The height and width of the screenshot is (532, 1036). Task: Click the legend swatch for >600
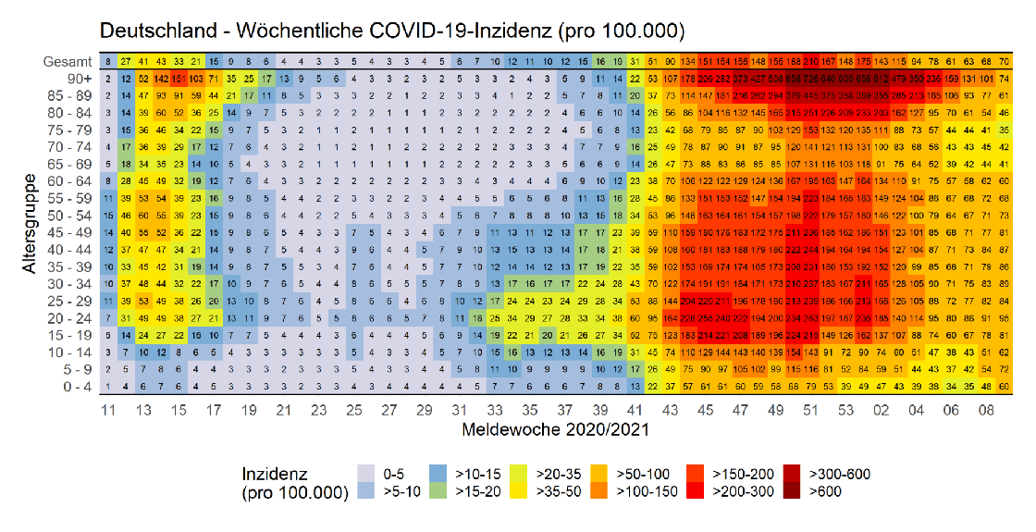(794, 492)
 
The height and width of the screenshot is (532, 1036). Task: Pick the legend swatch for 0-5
(368, 475)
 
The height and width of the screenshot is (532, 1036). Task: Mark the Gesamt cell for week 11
(109, 61)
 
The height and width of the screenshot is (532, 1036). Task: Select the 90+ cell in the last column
(1005, 79)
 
